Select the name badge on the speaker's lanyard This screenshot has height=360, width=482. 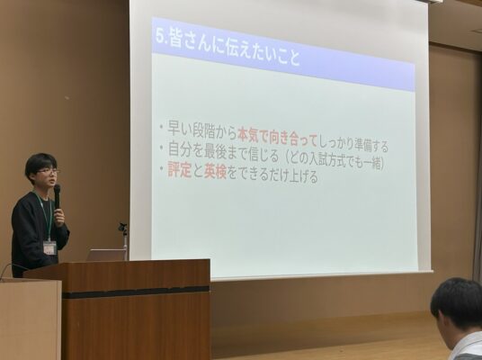[x=49, y=247]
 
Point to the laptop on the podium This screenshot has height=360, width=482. [x=105, y=255]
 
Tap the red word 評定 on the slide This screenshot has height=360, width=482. [x=180, y=169]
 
